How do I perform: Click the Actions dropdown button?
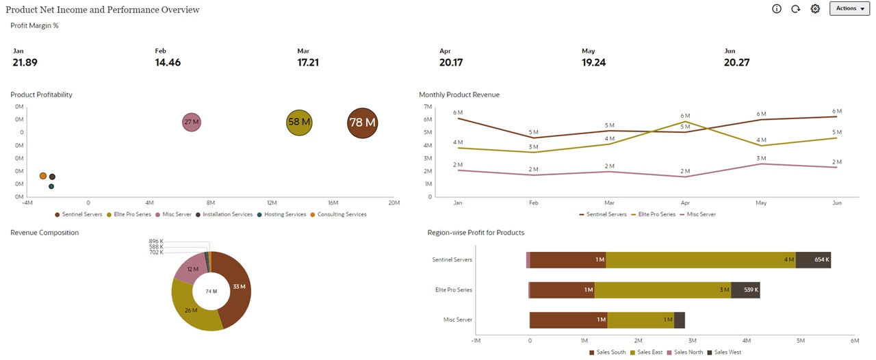[x=850, y=8]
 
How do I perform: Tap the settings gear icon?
[x=815, y=9]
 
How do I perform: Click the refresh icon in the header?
[x=795, y=9]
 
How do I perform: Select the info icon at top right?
[x=776, y=9]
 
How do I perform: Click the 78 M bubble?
[x=362, y=123]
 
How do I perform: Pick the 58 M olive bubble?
[x=298, y=123]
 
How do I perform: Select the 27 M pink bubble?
[x=192, y=123]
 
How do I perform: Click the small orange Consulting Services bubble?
[x=43, y=176]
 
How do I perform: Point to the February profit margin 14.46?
[x=168, y=62]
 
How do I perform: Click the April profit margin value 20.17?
[x=451, y=62]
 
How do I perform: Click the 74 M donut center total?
[x=211, y=291]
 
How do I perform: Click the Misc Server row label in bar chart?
[x=458, y=320]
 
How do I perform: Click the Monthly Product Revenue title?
[x=459, y=94]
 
